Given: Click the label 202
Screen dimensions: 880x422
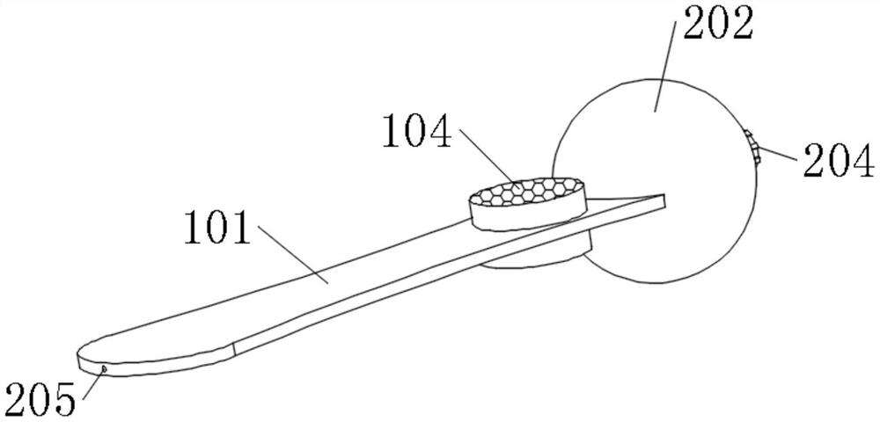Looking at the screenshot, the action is point(716,25).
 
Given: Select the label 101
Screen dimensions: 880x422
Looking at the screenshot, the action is point(216,230).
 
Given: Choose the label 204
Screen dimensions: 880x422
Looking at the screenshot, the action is point(837,163).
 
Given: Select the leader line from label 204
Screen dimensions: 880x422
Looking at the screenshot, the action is point(779,155).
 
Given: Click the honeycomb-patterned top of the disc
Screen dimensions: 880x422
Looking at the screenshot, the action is point(528,191).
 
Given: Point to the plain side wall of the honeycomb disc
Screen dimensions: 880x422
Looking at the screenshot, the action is point(528,216).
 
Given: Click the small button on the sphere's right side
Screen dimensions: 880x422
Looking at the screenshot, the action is point(753,147).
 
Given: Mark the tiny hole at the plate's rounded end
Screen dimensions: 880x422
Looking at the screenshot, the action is point(102,370).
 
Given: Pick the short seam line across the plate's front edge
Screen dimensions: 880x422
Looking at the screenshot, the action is point(236,347).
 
